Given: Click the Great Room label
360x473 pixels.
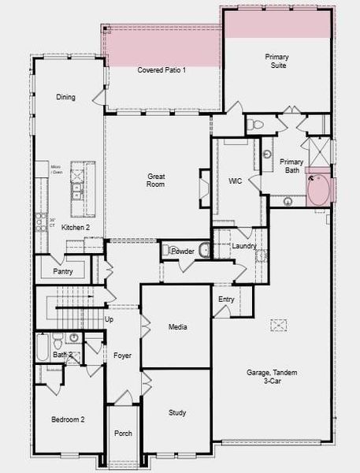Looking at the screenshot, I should tap(155, 180).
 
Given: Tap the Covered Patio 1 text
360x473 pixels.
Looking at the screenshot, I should tap(161, 70).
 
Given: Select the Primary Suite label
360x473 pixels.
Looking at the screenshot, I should tap(276, 61).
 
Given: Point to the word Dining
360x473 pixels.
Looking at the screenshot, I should tap(65, 97).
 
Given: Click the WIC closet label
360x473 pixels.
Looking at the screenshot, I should tap(235, 181).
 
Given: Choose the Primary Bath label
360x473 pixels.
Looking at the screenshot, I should tap(291, 166).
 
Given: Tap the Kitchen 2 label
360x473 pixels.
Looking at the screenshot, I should tap(76, 227).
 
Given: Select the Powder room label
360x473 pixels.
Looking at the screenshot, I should tap(183, 251).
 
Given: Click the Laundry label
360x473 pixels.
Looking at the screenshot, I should tap(243, 246).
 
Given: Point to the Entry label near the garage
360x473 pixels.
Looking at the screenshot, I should tap(227, 300).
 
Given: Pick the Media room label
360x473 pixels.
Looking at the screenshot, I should tap(177, 326).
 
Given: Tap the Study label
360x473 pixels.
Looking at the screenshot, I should tap(177, 412).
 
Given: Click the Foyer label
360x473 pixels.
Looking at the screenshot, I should tap(121, 356).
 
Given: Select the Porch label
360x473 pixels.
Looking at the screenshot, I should tap(123, 433).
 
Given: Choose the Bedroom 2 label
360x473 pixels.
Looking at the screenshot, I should tap(68, 419).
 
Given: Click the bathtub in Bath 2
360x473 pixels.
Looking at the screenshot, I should tap(43, 348).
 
